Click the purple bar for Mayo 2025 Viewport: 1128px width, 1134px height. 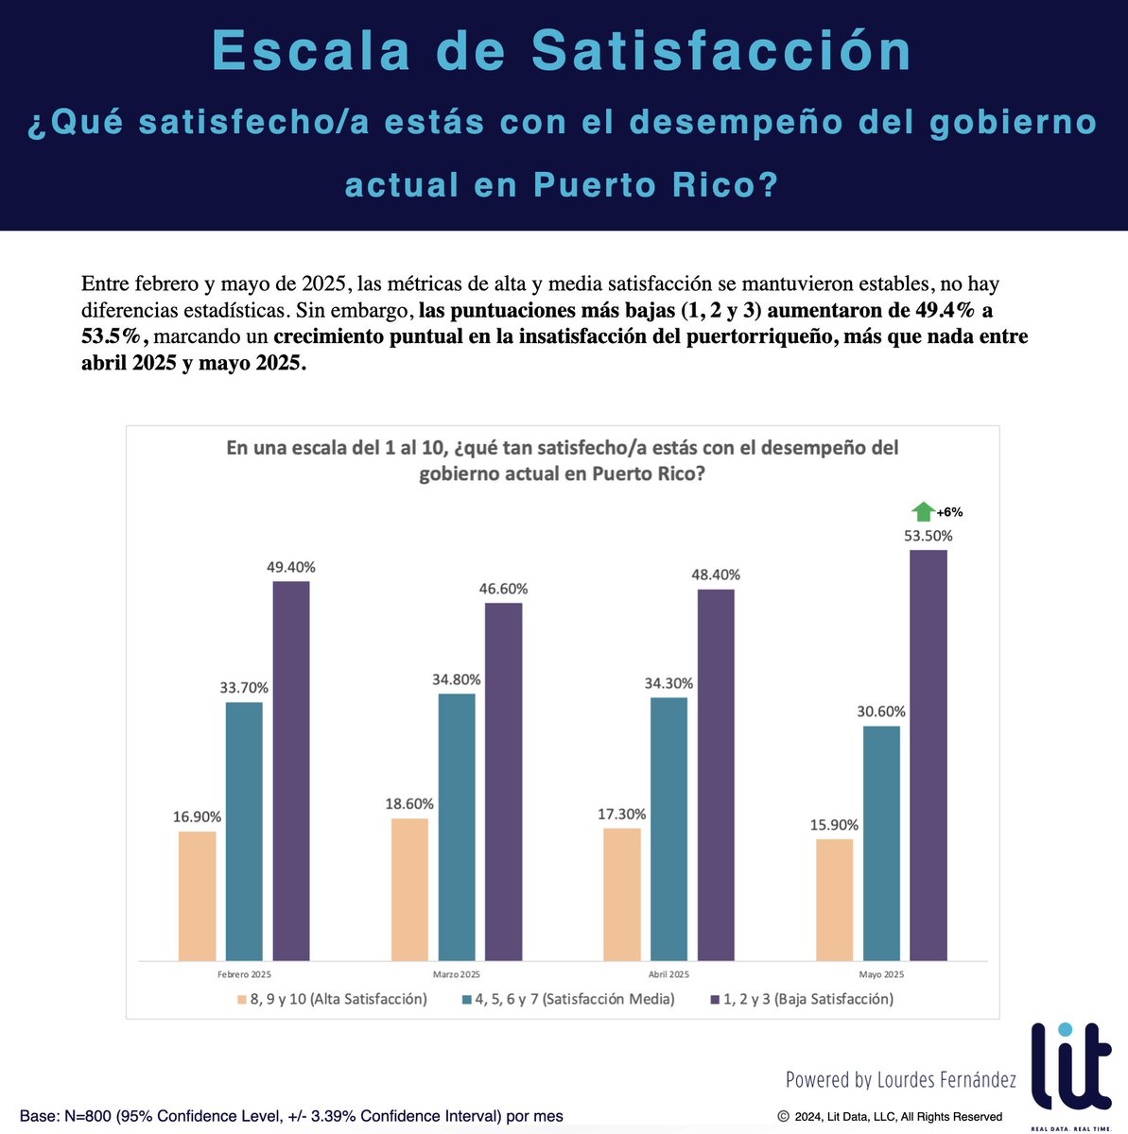[x=928, y=755]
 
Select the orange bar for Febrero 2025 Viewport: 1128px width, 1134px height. [x=197, y=895]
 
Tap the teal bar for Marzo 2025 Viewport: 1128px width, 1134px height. [x=457, y=827]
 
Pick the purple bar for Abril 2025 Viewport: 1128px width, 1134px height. [x=716, y=775]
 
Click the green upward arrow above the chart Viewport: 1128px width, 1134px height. [x=922, y=512]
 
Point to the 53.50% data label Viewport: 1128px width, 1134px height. [x=928, y=536]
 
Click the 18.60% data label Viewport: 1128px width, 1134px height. [x=409, y=804]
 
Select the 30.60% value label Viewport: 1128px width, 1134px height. [x=881, y=712]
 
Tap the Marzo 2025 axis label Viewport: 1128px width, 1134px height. [x=456, y=974]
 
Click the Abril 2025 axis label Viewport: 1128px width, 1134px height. [x=668, y=974]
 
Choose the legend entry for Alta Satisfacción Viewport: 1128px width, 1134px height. [x=332, y=999]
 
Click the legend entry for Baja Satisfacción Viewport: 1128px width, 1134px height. [x=801, y=999]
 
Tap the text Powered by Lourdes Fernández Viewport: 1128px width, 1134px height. [x=900, y=1079]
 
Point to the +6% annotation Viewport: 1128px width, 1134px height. [x=949, y=512]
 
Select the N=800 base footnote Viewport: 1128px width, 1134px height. [x=291, y=1116]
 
